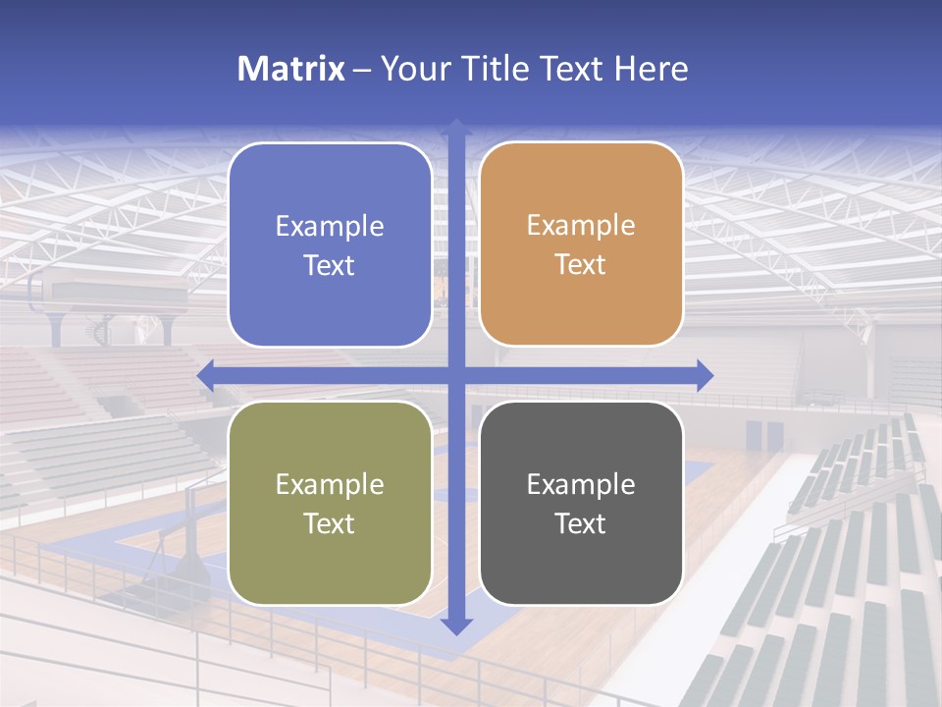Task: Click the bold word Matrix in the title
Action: [291, 69]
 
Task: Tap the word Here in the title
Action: [652, 69]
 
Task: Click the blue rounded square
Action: [330, 245]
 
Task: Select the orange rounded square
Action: [581, 244]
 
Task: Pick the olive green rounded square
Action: [330, 503]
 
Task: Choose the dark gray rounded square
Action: [581, 503]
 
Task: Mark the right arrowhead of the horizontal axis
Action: [705, 375]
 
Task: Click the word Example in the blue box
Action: [330, 227]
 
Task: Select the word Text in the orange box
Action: [581, 265]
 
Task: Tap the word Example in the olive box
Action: [330, 485]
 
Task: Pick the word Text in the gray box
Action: [581, 523]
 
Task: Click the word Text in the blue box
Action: [330, 266]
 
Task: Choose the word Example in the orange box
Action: [581, 226]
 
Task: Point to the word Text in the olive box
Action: [330, 523]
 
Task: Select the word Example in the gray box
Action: [581, 485]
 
